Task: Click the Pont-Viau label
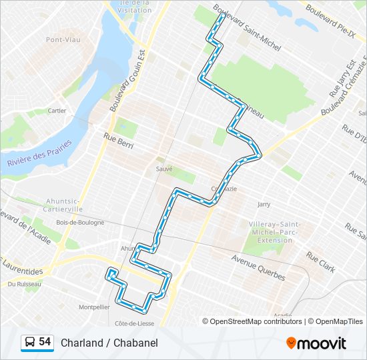63,40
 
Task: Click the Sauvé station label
164,169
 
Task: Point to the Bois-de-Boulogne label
80,222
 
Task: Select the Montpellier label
94,307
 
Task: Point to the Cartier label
57,111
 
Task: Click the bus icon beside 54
29,343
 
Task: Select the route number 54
45,342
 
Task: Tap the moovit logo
316,343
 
